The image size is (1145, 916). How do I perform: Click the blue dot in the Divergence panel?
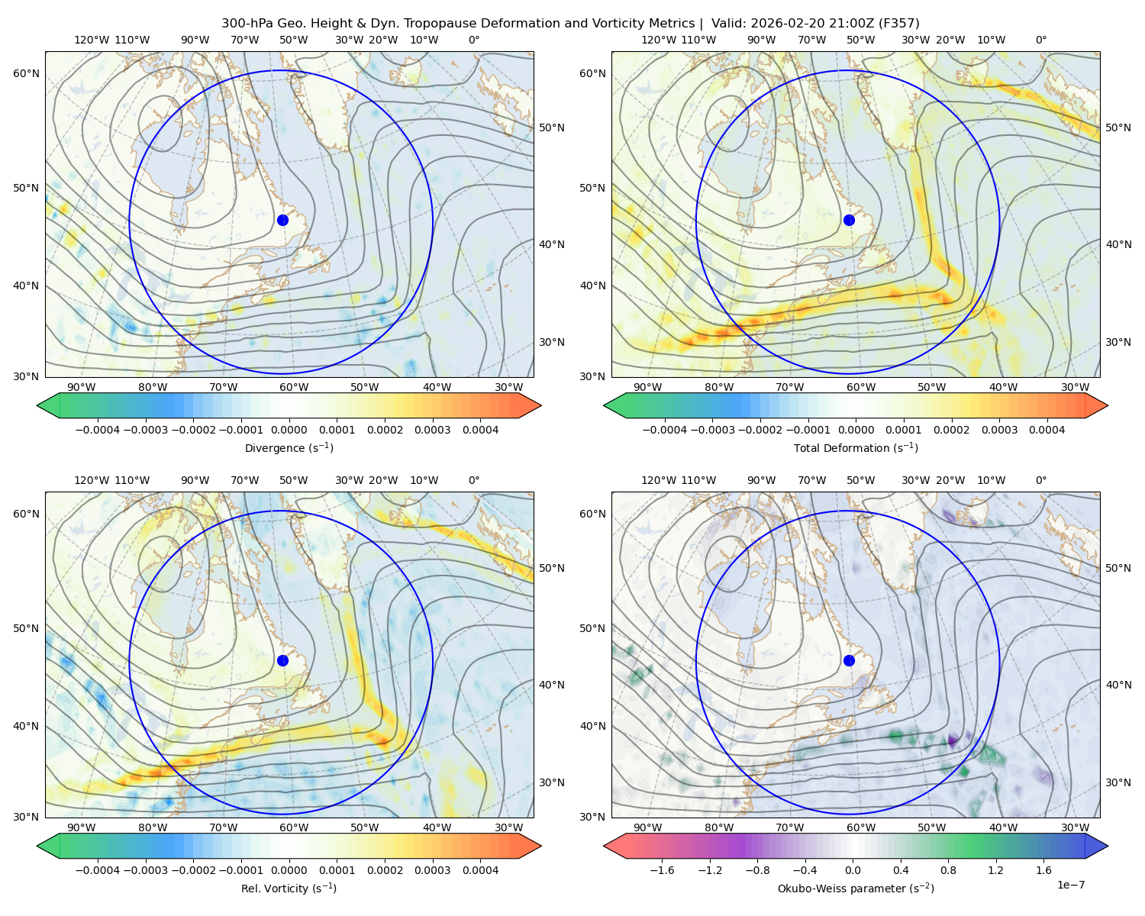point(282,220)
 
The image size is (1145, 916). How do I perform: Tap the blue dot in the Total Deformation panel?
point(849,220)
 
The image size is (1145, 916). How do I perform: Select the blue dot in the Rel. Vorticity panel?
point(282,660)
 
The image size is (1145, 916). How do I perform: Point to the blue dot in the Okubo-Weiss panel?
point(849,660)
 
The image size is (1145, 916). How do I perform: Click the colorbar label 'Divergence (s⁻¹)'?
point(289,447)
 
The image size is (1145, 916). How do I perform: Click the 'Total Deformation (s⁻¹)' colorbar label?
point(856,447)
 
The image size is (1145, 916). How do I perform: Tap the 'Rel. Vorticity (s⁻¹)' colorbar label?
point(289,889)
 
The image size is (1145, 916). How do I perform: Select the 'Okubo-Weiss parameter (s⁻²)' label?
point(856,889)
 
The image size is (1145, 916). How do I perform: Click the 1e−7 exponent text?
point(1070,885)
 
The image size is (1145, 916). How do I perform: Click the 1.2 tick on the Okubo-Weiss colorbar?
point(995,870)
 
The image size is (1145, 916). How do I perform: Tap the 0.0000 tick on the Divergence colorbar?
point(289,430)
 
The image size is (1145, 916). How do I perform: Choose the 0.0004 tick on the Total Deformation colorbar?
point(1047,430)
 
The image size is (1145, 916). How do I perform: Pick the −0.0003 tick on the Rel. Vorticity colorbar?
point(145,870)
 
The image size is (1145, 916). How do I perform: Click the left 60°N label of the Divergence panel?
point(26,73)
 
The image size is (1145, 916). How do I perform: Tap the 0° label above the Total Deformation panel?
point(1040,40)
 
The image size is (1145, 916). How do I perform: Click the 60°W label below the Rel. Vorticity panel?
point(294,827)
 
